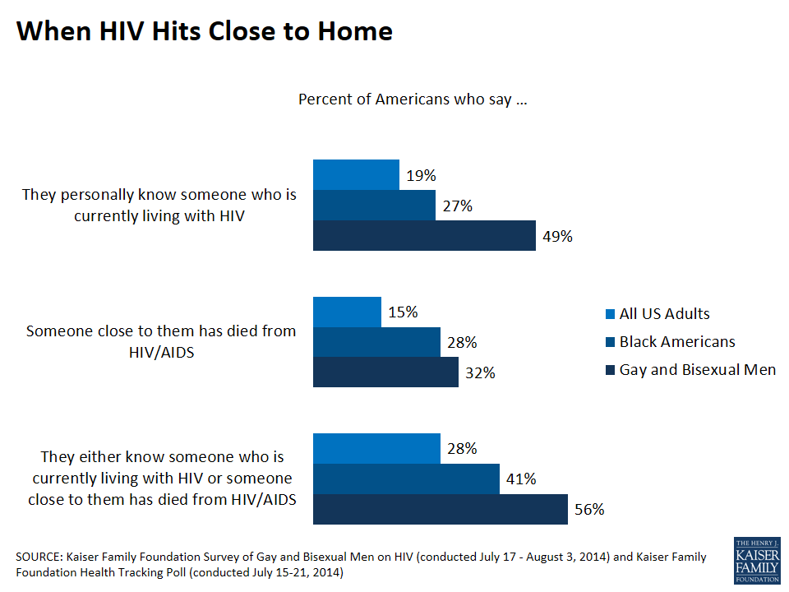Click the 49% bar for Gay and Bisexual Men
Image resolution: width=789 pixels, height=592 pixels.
[424, 236]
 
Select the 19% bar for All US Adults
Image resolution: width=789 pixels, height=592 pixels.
[356, 174]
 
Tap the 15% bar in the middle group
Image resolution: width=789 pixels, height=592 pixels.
[347, 312]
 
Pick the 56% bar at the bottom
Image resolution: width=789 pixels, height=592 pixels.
[440, 509]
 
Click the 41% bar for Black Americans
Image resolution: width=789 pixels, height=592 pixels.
[406, 479]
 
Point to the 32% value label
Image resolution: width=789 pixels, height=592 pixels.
[479, 372]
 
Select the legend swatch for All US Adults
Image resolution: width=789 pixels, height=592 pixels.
[609, 314]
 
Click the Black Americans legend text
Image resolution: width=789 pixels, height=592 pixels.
[677, 342]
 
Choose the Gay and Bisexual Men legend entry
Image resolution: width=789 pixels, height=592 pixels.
[697, 370]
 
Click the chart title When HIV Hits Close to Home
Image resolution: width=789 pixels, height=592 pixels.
[205, 31]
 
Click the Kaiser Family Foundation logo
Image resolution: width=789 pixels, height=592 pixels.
[756, 561]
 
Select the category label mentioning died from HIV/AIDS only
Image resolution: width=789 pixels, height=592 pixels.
[161, 341]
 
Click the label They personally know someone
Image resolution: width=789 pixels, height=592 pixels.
[159, 206]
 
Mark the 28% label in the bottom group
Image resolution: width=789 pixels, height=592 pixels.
[461, 449]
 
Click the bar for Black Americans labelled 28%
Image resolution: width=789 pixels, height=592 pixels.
[376, 342]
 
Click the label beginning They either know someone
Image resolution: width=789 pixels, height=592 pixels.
[161, 478]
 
